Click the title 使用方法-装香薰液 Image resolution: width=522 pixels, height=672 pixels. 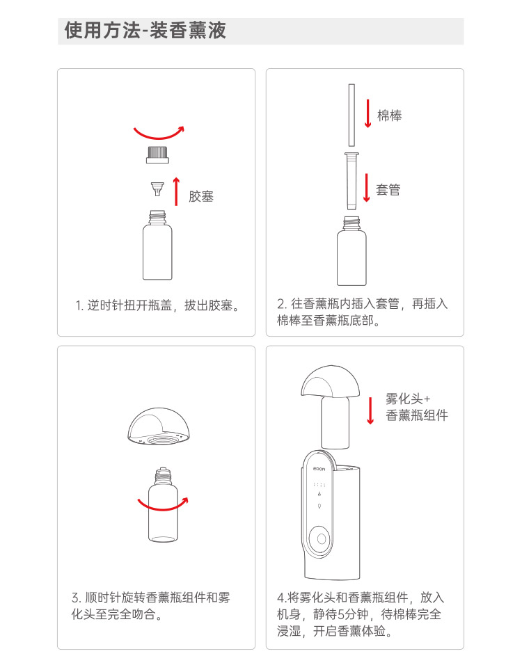[145, 31]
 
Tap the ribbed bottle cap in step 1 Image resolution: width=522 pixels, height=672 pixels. [157, 154]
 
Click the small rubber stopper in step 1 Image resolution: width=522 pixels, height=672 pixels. [157, 189]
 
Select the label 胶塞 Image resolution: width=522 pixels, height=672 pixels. [201, 196]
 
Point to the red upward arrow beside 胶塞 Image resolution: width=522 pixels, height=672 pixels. [176, 191]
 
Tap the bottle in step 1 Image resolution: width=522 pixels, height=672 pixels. [157, 245]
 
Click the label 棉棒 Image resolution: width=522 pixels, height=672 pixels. [390, 115]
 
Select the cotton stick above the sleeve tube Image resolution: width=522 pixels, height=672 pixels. [351, 115]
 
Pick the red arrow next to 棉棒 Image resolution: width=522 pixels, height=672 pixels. [367, 113]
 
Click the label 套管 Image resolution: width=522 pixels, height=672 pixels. [388, 189]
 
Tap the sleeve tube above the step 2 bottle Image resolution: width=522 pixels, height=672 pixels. [351, 181]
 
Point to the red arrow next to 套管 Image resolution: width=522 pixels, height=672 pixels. [367, 187]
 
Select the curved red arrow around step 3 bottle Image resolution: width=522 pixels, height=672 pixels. [163, 505]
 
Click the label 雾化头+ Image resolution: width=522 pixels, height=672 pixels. [407, 399]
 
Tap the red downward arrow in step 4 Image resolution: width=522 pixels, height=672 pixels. [370, 410]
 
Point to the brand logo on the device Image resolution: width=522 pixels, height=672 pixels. [319, 470]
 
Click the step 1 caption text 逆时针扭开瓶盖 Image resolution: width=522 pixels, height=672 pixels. [129, 305]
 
